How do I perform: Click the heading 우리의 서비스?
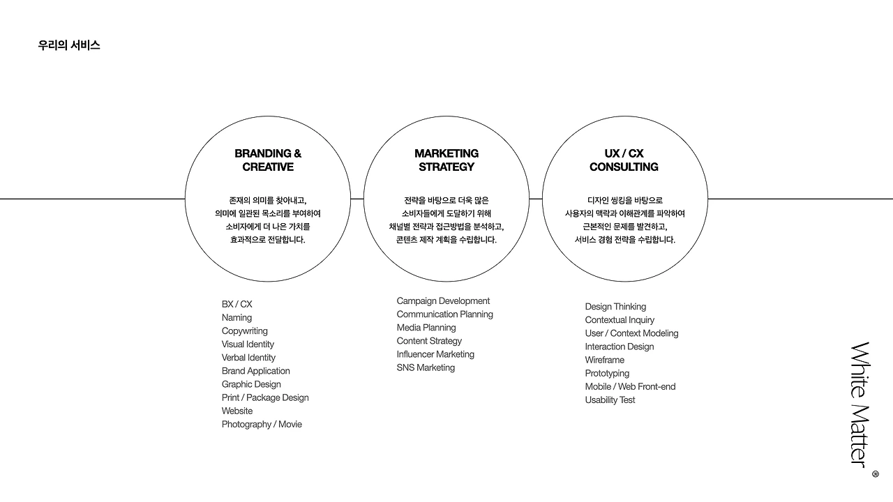[69, 45]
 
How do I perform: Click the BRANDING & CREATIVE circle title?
[268, 160]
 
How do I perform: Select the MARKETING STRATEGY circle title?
[446, 160]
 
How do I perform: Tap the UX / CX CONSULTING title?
[624, 160]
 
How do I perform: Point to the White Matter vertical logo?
[860, 404]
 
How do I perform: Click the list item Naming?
[237, 317]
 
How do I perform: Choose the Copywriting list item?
[244, 330]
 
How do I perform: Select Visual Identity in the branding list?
[248, 344]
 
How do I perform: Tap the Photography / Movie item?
[262, 424]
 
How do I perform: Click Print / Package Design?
[265, 397]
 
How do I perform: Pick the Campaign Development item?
[443, 301]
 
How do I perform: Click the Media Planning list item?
[426, 327]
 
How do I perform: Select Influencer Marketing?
[435, 354]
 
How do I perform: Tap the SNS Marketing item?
[426, 367]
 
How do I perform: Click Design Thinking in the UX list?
[615, 306]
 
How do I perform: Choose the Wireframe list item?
[604, 360]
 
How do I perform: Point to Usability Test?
[610, 400]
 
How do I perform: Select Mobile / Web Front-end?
[630, 386]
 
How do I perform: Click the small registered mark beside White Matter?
[876, 474]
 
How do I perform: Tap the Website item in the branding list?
[237, 411]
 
